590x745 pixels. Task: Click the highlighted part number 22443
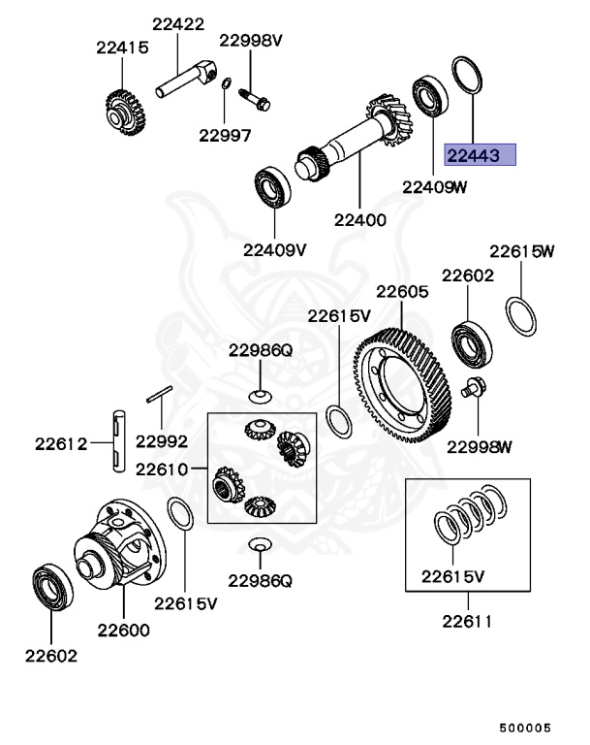click(x=480, y=155)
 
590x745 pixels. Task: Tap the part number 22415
click(x=121, y=46)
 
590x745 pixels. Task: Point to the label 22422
click(x=178, y=23)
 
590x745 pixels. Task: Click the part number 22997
click(x=225, y=136)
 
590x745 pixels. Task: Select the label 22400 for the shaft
click(x=359, y=220)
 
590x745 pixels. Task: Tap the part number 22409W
click(x=435, y=187)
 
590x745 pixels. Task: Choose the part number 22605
click(x=402, y=291)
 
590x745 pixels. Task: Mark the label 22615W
click(x=521, y=251)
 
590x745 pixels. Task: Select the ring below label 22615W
click(x=521, y=316)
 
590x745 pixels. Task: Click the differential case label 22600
click(x=123, y=629)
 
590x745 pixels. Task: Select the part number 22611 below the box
click(x=467, y=621)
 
